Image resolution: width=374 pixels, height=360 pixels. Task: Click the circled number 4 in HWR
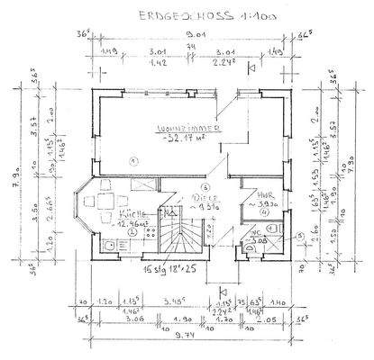pos(265,213)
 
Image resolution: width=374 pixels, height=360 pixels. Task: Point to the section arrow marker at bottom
pos(223,290)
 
